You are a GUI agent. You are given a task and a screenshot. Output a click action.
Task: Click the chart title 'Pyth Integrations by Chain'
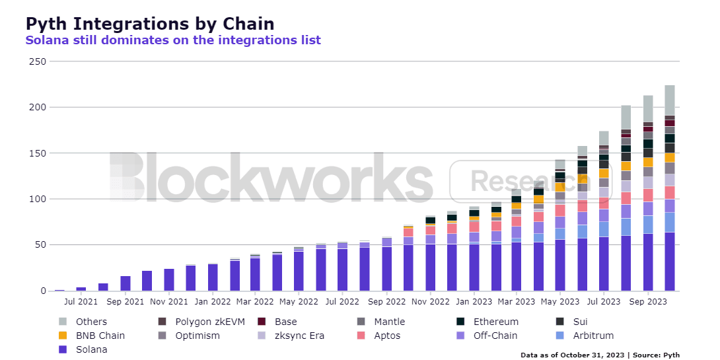tap(149, 24)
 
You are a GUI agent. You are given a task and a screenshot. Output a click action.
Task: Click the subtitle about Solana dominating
tap(173, 40)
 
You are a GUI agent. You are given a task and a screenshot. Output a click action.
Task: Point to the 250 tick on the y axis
tap(38, 61)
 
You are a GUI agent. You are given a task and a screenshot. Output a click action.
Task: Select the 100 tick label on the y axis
tap(38, 199)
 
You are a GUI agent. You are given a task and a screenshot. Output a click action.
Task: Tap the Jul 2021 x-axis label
tap(81, 301)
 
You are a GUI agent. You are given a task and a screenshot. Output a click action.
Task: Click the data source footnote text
tap(600, 355)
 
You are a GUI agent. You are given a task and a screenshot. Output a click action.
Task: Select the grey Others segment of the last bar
tap(669, 100)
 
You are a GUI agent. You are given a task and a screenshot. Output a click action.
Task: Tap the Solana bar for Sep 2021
tap(125, 283)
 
